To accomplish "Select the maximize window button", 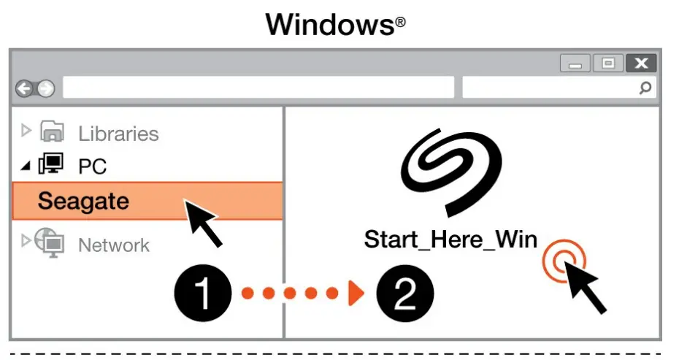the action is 607,64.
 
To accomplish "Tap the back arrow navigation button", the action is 25,89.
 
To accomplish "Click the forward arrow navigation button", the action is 45,89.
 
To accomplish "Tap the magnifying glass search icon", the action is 645,88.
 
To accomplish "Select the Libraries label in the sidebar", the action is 118,134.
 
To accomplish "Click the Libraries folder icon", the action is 53,132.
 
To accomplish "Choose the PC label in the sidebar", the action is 92,167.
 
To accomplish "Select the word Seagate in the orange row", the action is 83,201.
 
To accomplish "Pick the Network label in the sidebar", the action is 113,245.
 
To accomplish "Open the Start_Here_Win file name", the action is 450,240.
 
